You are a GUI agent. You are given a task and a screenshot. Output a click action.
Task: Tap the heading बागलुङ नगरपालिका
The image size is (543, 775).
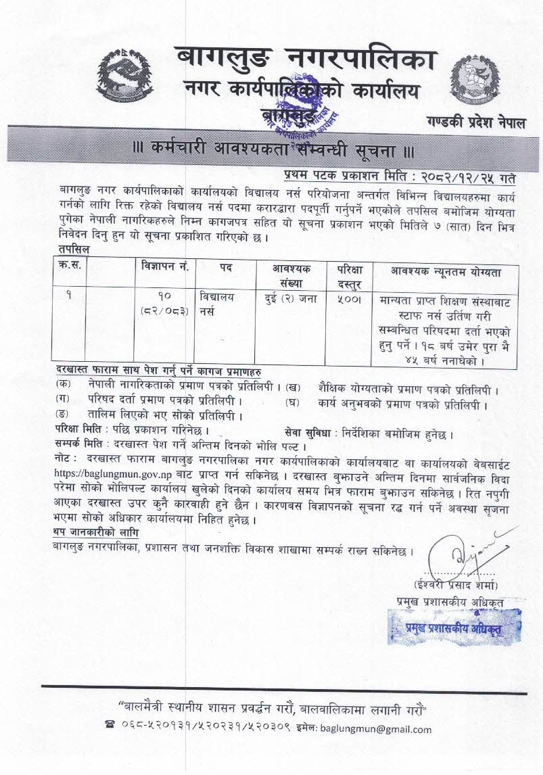point(303,59)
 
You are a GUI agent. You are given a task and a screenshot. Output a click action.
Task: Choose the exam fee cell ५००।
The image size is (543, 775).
point(347,297)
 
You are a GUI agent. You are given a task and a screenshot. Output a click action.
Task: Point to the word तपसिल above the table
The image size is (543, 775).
point(72,250)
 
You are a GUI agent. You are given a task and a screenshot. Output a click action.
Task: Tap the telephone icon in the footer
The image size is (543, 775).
point(111,729)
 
